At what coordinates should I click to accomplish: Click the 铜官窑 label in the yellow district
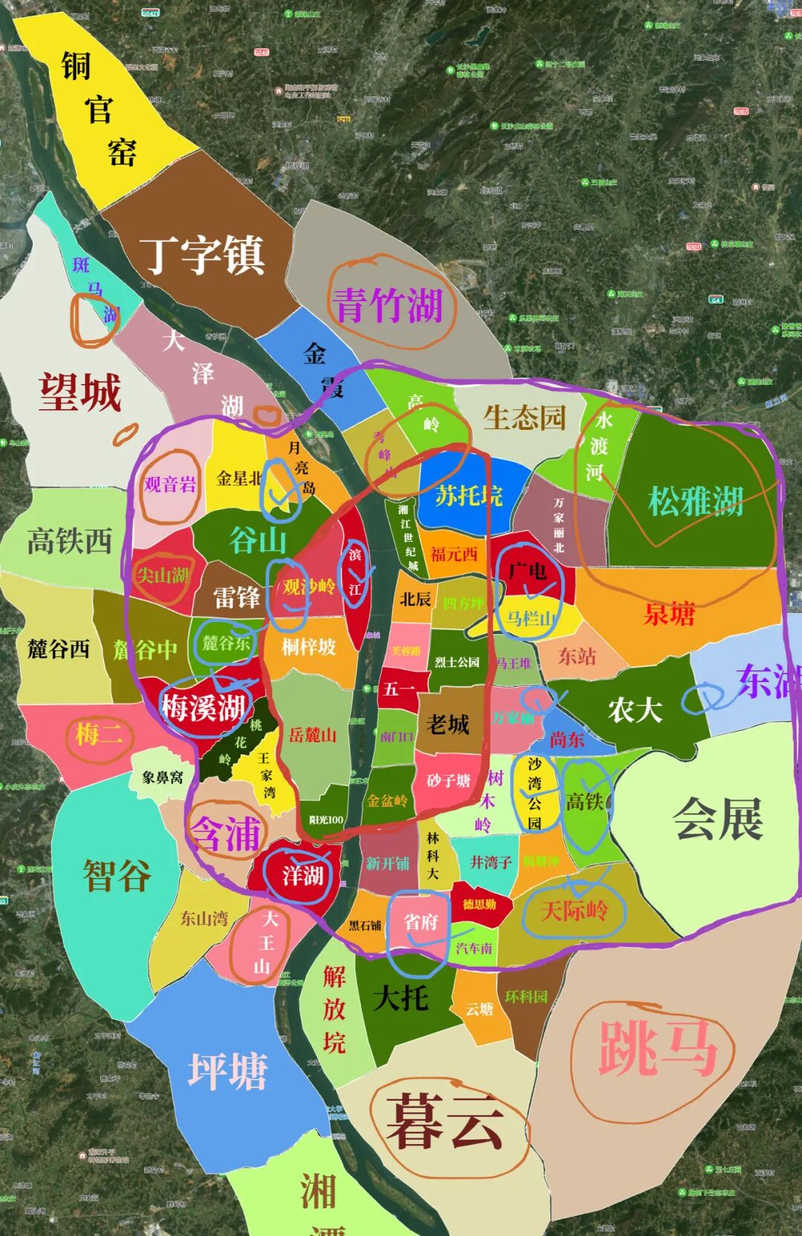99,109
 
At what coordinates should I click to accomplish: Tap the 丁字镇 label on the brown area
202,255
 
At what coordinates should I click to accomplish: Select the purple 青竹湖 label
388,304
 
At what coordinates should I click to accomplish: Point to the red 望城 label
80,391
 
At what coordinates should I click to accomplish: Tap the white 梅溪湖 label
203,707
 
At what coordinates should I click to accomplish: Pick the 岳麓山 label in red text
313,735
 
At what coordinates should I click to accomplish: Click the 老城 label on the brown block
448,724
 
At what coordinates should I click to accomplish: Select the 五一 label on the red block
400,689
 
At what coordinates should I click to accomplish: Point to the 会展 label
718,819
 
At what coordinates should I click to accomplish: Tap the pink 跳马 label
657,1047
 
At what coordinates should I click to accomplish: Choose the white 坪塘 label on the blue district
227,1071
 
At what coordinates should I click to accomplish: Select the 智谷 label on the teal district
117,874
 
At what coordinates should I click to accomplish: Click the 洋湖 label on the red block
303,875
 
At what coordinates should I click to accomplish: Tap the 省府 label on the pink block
420,922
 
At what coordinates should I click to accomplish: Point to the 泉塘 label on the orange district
669,614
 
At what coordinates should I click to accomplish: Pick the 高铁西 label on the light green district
69,540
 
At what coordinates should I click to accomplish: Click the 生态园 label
524,418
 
